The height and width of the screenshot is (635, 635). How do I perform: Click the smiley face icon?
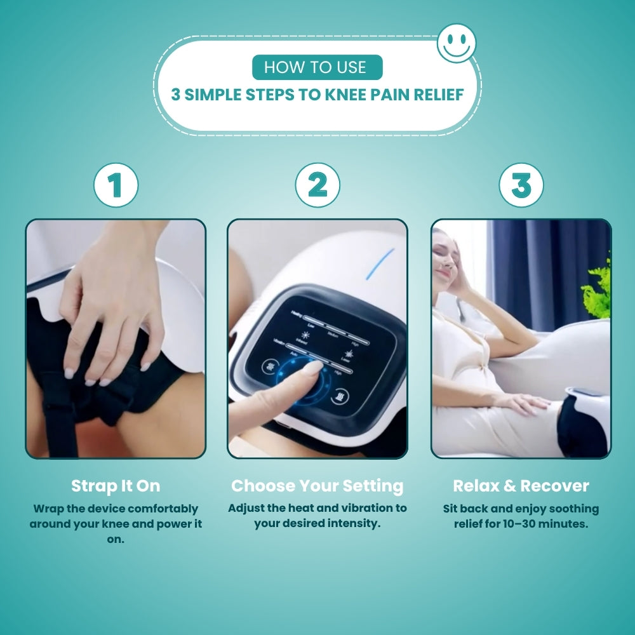point(457,43)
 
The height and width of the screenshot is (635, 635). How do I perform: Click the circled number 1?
point(116,185)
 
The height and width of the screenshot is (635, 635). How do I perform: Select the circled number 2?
point(317,185)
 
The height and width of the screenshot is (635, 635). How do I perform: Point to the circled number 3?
point(521,185)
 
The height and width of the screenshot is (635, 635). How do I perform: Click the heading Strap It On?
point(116,486)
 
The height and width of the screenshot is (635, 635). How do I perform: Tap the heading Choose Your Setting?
point(317,486)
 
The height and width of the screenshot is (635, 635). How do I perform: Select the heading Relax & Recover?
point(521,486)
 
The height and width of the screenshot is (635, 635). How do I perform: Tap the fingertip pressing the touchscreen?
point(312,368)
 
